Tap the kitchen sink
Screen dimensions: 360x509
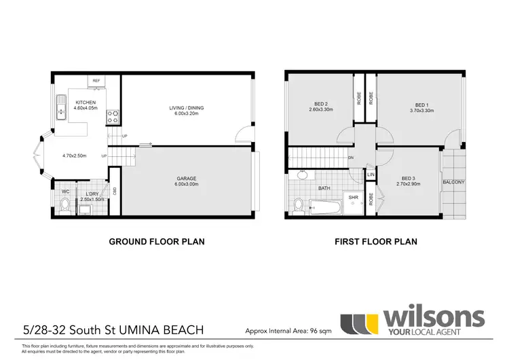60,109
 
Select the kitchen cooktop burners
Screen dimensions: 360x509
113,117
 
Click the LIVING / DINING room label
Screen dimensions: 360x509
187,108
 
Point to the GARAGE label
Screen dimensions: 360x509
187,178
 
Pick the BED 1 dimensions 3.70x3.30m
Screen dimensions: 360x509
421,109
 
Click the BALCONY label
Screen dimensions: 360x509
453,182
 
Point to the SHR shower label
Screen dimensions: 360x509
353,198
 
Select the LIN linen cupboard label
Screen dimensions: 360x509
371,175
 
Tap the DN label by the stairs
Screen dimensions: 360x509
350,158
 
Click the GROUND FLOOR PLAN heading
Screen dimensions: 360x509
157,241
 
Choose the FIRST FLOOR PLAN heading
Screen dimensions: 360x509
376,241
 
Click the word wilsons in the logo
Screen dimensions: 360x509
434,317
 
